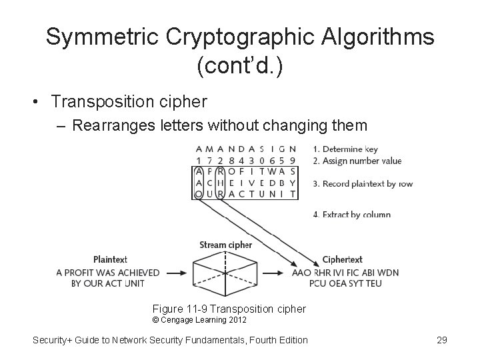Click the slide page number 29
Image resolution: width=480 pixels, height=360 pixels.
pyautogui.click(x=441, y=340)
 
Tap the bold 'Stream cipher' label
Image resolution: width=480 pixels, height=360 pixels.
pyautogui.click(x=226, y=245)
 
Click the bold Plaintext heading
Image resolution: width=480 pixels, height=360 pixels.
pyautogui.click(x=110, y=259)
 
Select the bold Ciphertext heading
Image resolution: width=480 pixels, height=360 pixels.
pyautogui.click(x=342, y=259)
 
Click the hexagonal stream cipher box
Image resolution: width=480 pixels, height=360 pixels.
pyautogui.click(x=226, y=272)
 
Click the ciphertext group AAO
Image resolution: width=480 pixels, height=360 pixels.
pyautogui.click(x=301, y=273)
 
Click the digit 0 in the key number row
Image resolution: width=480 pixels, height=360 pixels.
pyautogui.click(x=261, y=161)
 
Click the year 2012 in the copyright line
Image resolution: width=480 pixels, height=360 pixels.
pyautogui.click(x=236, y=320)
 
